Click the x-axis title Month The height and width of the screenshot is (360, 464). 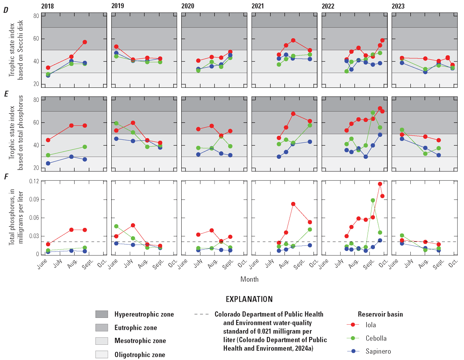249,279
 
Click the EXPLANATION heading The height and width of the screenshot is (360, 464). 249,299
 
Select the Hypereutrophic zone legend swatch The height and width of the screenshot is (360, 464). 102,314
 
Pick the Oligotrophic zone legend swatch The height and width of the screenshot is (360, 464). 102,354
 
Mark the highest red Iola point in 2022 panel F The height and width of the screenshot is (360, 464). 380,184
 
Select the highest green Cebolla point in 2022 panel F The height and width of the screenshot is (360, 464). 373,200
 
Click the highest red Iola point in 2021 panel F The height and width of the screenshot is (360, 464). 293,204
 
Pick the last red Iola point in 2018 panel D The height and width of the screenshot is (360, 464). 85,42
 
